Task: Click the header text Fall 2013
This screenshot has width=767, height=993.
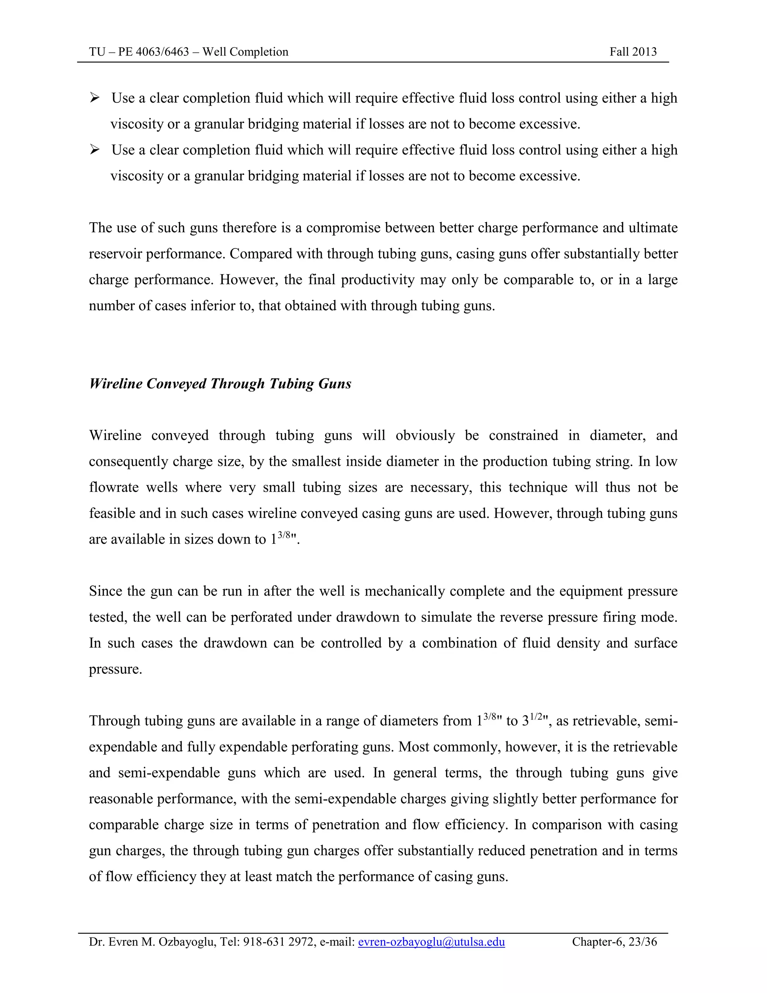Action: click(633, 52)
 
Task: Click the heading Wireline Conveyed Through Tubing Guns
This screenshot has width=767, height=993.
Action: click(220, 384)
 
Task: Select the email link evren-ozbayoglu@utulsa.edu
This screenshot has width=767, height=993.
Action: click(431, 942)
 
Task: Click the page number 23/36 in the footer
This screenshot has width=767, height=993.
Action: click(642, 942)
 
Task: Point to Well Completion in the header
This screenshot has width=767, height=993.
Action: click(245, 52)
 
